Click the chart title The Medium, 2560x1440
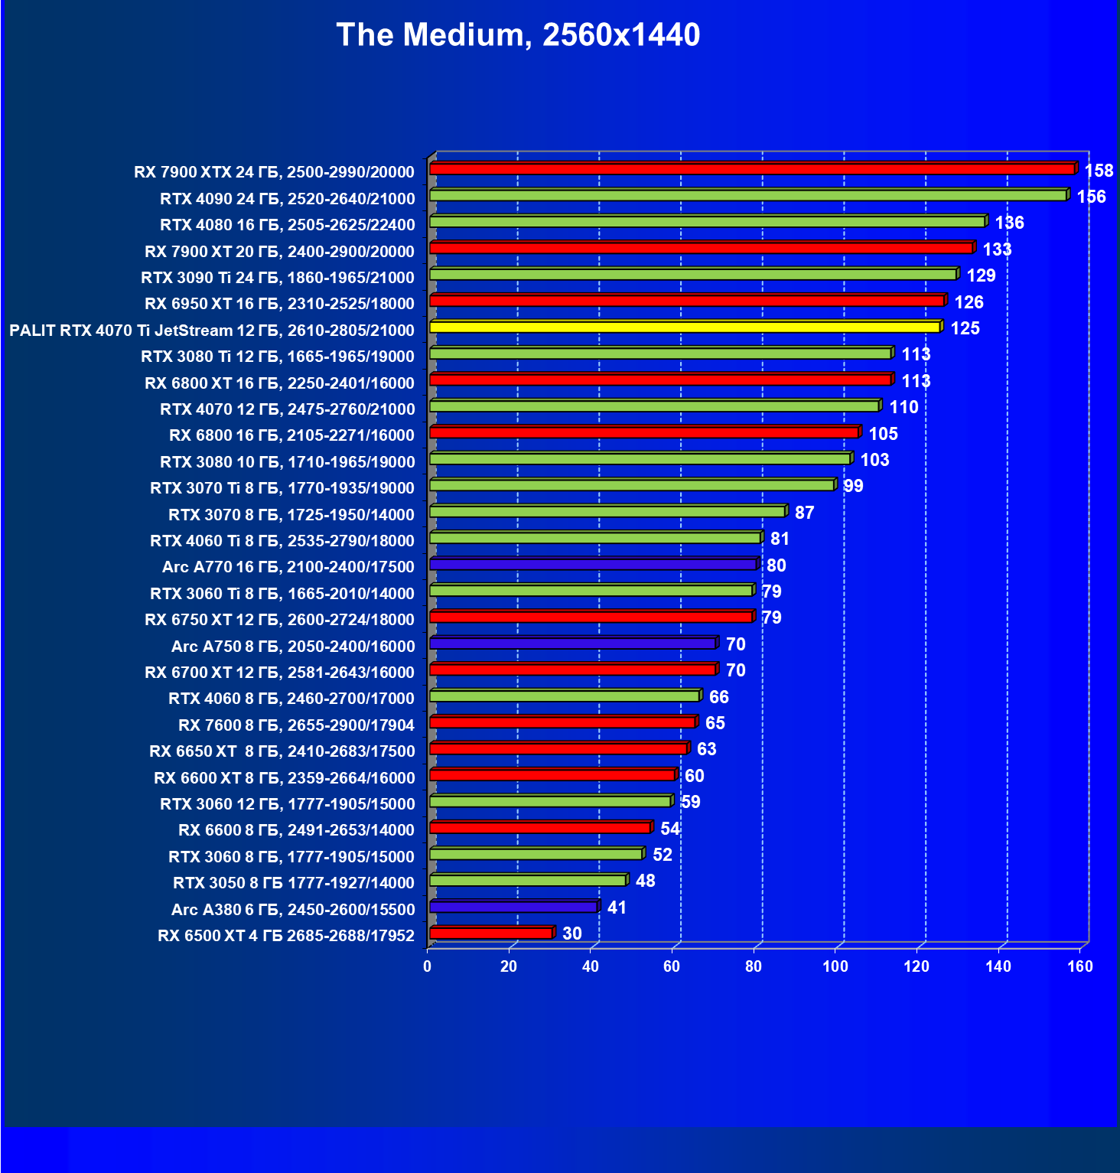coord(518,35)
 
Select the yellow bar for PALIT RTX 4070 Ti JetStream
coord(685,327)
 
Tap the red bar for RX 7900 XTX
coord(752,169)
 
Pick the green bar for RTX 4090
coord(748,196)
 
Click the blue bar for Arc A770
coord(593,565)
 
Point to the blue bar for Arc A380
coord(513,907)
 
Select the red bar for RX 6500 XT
coord(491,933)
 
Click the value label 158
coord(1099,171)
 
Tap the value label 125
coord(965,328)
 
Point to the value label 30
coord(572,934)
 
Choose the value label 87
coord(804,513)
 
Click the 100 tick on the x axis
coord(835,966)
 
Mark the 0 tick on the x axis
coord(428,966)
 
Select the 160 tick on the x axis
coord(1080,966)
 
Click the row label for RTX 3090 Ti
coord(278,278)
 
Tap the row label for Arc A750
coord(293,647)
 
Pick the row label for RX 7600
coord(296,725)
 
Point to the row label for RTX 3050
coord(294,883)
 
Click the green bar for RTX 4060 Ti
coord(595,538)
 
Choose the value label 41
coord(617,907)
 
